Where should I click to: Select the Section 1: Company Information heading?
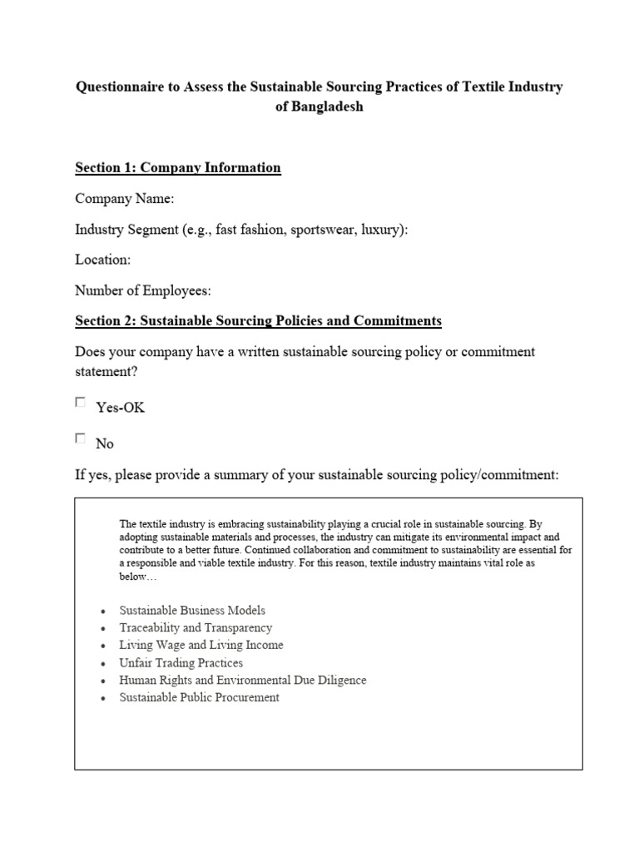(x=177, y=168)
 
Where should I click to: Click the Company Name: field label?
(x=125, y=199)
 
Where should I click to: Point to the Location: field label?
(x=103, y=260)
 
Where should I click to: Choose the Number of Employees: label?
(x=143, y=290)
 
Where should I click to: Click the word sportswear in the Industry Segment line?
(x=323, y=230)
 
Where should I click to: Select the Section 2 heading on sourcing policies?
(x=258, y=321)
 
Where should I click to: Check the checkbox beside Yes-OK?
(x=81, y=403)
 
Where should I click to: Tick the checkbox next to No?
(x=81, y=438)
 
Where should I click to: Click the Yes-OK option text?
(x=121, y=408)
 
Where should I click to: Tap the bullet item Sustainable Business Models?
(x=192, y=611)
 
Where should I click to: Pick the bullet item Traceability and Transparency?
(x=196, y=628)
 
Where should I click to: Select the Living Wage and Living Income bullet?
(x=201, y=646)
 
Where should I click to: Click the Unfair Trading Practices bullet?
(x=181, y=663)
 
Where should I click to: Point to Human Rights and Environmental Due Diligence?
(x=242, y=681)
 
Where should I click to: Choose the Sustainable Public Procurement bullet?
(x=200, y=698)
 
